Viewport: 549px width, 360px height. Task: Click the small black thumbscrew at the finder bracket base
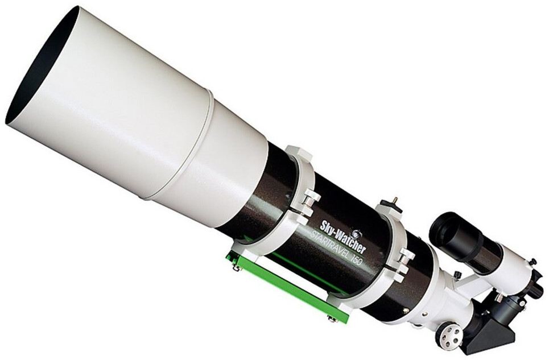(x=457, y=276)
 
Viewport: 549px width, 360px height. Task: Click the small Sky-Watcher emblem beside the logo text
(x=357, y=234)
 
